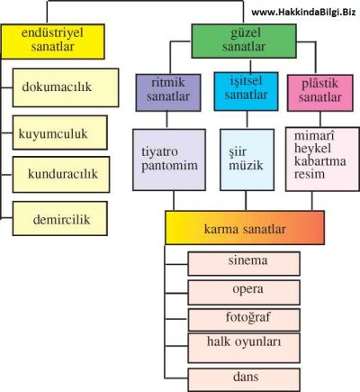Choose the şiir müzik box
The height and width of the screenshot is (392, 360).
pyautogui.click(x=247, y=160)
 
